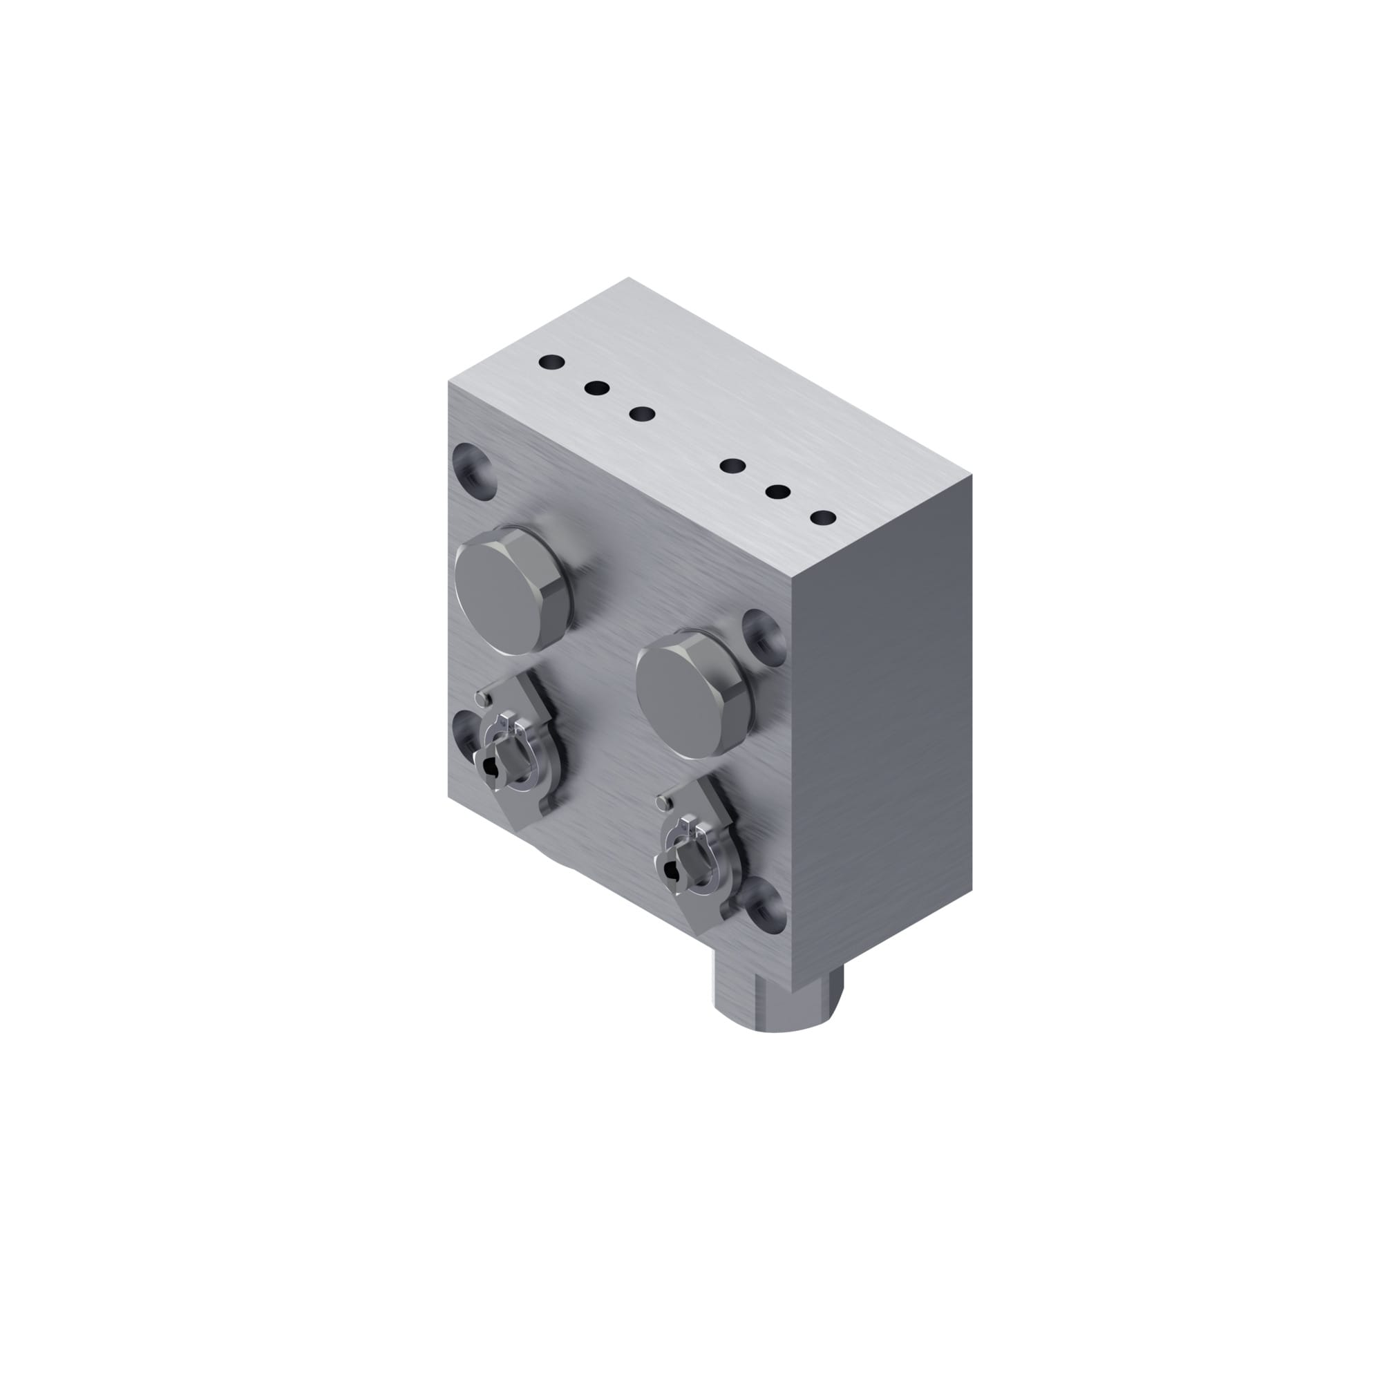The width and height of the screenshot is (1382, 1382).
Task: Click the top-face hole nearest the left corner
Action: (x=552, y=363)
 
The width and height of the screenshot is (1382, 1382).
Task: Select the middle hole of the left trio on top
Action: (x=596, y=388)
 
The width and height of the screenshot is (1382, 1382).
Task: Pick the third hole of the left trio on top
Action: (x=643, y=413)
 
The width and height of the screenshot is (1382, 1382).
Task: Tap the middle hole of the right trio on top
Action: (x=777, y=492)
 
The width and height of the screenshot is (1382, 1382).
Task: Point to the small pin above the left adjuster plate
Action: (x=486, y=696)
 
